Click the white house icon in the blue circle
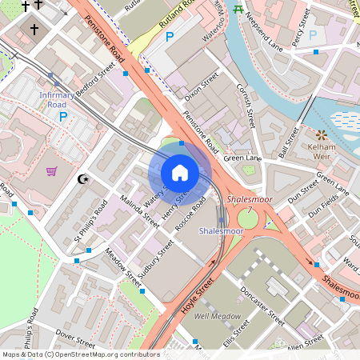coord(180,172)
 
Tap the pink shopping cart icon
coord(52,170)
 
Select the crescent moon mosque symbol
coord(81,179)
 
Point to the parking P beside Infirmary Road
coord(62,116)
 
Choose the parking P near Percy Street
coord(313,35)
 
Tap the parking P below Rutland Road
coord(169,36)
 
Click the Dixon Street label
coord(201,87)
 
